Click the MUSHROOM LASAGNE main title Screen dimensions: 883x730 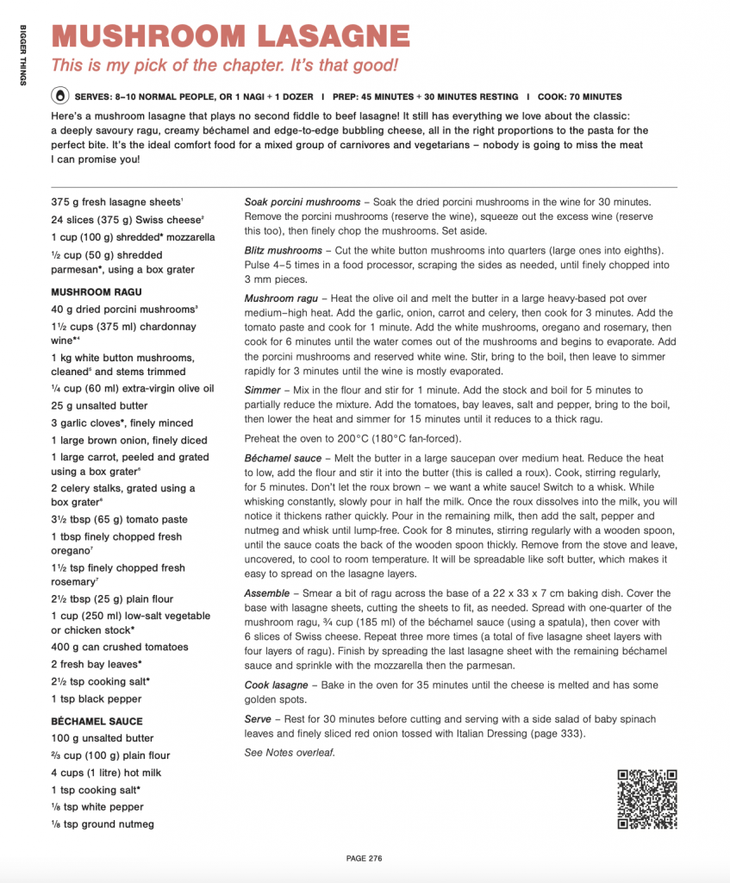coord(230,35)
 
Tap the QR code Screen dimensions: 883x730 coord(646,799)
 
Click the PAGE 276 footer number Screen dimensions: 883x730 coord(364,858)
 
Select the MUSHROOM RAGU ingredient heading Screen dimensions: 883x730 coord(96,291)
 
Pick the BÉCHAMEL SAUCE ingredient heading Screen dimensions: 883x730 coord(97,721)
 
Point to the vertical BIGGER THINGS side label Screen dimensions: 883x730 coord(23,53)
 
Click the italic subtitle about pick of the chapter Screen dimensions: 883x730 coord(223,66)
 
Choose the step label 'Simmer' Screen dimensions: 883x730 coord(264,391)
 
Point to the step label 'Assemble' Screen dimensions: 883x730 coord(268,593)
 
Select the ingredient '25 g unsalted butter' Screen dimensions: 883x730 coord(99,405)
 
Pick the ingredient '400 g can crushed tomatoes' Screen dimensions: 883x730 coord(119,647)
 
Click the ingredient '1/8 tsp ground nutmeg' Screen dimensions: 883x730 coord(103,824)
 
